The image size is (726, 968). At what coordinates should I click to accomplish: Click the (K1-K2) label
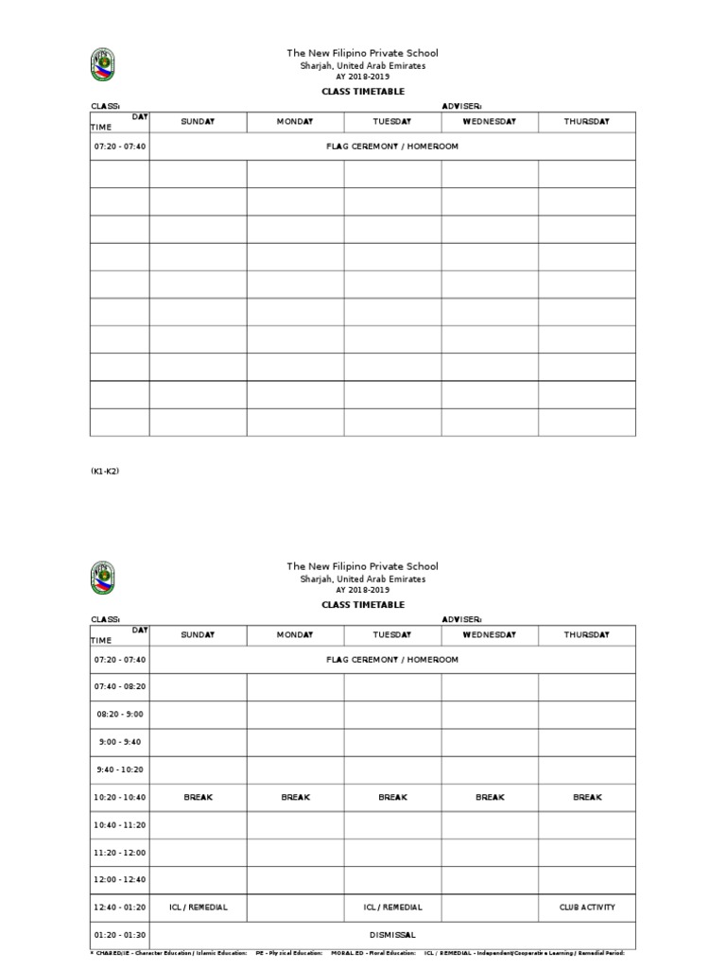coord(104,471)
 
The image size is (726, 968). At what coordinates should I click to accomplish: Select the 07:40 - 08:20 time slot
coord(120,687)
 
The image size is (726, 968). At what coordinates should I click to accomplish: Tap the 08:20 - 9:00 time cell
coord(120,715)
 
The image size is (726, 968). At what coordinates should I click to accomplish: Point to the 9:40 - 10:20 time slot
coord(120,769)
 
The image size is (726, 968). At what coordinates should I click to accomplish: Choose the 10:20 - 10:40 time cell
coord(120,798)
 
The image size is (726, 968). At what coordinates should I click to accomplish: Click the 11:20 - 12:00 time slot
coord(120,853)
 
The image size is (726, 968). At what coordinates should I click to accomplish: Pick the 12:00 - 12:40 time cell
coord(120,880)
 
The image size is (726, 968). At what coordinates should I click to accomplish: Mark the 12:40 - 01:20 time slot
coord(120,907)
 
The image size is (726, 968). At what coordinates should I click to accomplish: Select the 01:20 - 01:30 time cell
coord(120,935)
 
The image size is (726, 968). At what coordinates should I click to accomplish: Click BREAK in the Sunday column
coord(198,798)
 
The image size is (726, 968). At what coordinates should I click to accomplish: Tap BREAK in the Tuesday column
coord(392,798)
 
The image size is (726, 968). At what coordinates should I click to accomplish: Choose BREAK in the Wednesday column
coord(490,798)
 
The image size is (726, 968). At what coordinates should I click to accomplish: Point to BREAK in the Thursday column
coord(587,798)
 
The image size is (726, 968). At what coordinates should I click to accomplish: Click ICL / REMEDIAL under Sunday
coord(198,907)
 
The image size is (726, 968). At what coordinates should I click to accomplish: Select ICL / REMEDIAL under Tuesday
coord(392,907)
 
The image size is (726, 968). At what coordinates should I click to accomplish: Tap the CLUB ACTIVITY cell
coord(587,907)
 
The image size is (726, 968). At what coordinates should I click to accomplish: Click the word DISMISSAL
coord(392,935)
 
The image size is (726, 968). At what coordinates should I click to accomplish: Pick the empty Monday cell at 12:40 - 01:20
coord(295,907)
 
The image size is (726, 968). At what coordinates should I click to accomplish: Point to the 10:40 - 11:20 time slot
coord(120,825)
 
